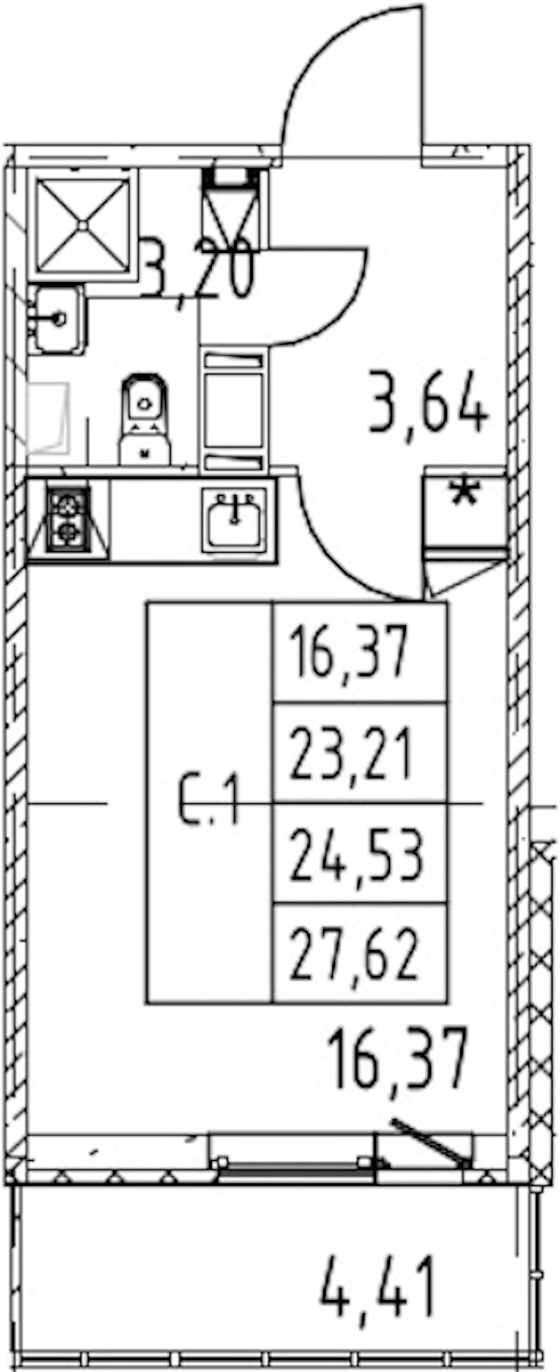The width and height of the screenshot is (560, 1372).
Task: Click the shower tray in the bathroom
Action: pos(83,225)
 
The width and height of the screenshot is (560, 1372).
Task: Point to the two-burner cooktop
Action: pos(68,517)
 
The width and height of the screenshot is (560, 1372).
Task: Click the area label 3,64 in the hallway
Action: pos(428,404)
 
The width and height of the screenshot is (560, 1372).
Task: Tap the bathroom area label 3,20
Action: pos(197,270)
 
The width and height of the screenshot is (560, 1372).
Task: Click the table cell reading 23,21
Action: pos(351,754)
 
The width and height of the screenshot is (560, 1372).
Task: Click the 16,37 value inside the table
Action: pos(349,654)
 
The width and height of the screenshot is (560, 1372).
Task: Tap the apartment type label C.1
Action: pos(210,801)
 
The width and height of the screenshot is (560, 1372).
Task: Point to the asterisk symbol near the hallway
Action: pos(465,494)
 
